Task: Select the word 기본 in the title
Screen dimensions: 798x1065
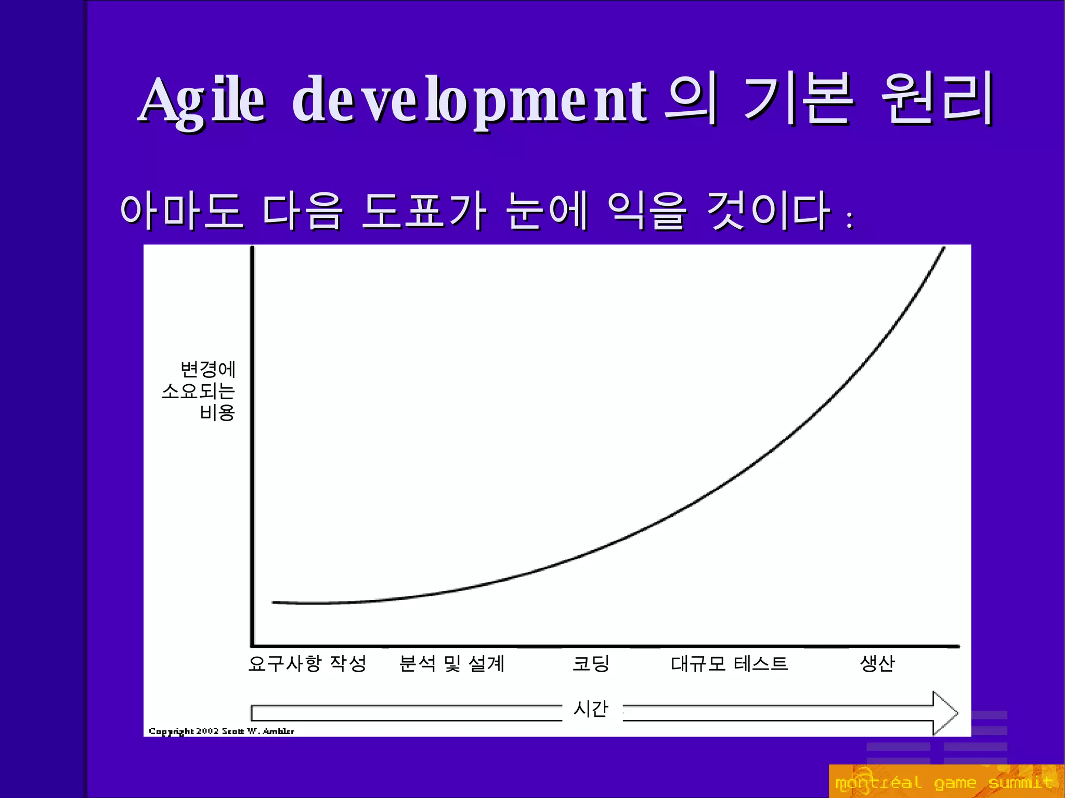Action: coord(798,99)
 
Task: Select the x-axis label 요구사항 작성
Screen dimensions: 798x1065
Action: coord(307,663)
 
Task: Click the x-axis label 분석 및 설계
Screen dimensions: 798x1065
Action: coord(451,663)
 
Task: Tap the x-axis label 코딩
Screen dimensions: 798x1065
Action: coord(591,663)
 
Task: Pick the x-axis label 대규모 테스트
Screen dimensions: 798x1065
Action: coord(729,663)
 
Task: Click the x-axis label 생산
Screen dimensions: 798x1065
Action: coord(877,663)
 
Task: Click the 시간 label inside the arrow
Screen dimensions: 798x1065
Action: coord(590,709)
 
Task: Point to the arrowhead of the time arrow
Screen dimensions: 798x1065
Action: coord(945,713)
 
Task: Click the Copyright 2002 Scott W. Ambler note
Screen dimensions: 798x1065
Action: coord(222,731)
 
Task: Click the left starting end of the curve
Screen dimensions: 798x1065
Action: coord(274,602)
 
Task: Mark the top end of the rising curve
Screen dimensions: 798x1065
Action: coord(944,248)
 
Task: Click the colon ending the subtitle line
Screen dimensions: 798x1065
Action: coord(849,220)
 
